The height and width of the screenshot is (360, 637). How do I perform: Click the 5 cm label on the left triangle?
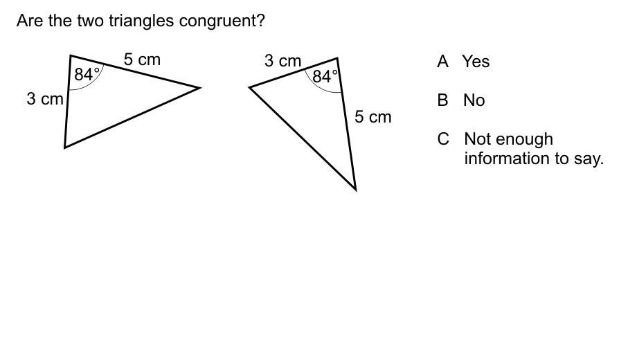[x=142, y=60]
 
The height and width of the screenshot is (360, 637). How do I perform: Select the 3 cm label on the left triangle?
[x=45, y=99]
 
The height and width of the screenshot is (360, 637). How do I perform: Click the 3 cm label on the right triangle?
[x=282, y=62]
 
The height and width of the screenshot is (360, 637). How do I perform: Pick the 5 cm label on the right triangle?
[x=373, y=117]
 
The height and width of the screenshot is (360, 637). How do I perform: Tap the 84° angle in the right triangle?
[x=325, y=76]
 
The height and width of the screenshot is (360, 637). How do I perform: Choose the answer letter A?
[x=443, y=62]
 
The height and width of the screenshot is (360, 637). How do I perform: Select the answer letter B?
[x=443, y=100]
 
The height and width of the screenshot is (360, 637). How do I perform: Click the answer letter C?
[x=444, y=139]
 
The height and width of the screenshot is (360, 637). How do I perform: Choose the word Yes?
[x=476, y=62]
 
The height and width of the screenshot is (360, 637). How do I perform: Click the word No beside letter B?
[x=474, y=100]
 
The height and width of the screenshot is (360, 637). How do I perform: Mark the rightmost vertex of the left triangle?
[x=199, y=88]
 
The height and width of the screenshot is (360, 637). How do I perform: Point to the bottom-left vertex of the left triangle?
[x=65, y=147]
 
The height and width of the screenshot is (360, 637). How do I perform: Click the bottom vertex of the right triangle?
[x=355, y=189]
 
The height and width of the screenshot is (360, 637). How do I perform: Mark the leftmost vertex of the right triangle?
[x=250, y=87]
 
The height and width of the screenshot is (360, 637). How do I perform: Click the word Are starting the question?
[x=30, y=21]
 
